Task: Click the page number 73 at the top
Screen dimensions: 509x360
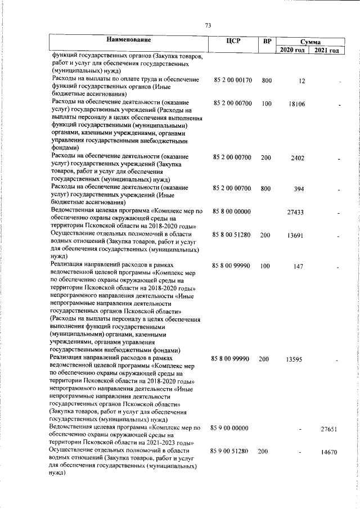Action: (208, 25)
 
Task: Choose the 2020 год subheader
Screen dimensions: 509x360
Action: (292, 51)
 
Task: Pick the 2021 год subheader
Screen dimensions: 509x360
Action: (327, 51)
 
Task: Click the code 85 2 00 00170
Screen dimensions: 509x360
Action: (233, 81)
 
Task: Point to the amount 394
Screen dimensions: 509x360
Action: (299, 189)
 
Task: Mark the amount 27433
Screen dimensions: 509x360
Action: (296, 213)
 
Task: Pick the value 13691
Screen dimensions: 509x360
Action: (296, 236)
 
